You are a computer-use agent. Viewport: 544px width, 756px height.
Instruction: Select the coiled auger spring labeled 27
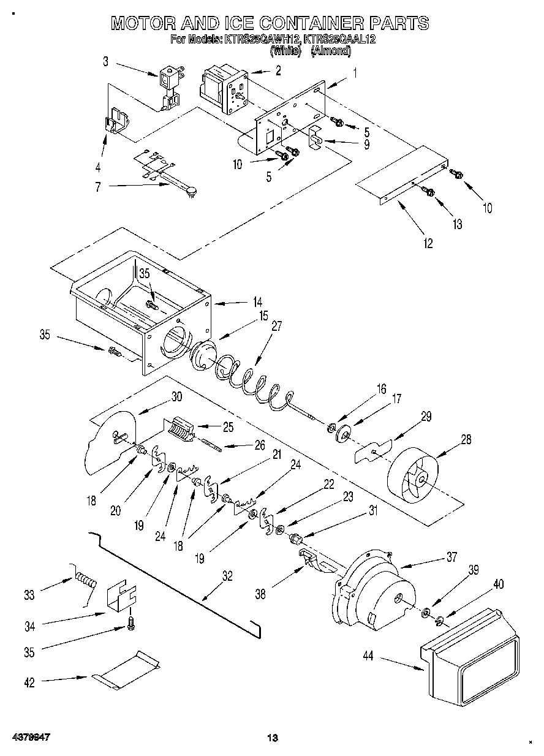251,383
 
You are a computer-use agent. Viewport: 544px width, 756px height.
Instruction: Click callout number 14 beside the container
257,302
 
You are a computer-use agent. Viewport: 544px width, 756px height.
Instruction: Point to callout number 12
428,243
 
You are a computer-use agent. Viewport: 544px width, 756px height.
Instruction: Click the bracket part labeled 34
122,594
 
